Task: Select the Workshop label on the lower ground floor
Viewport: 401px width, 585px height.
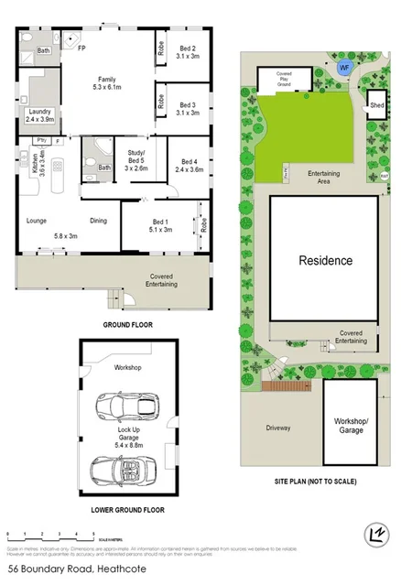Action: point(127,367)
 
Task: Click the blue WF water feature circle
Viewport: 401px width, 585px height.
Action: point(344,68)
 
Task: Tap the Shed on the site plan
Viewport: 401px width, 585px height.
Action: point(375,102)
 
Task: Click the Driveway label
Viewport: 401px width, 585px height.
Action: point(278,428)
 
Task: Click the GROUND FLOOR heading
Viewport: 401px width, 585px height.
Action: point(127,324)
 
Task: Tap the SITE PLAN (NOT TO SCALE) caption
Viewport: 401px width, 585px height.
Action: point(314,481)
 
